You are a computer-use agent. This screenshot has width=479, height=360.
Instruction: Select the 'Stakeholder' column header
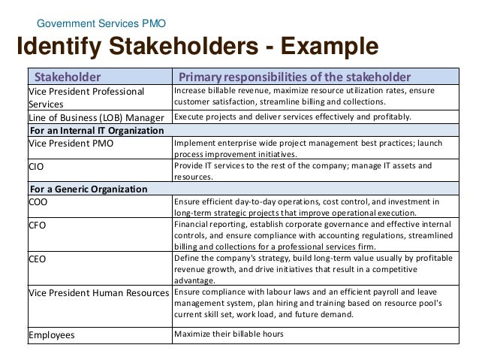pyautogui.click(x=64, y=77)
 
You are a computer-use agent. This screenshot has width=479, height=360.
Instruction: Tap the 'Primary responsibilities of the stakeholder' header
pyautogui.click(x=294, y=77)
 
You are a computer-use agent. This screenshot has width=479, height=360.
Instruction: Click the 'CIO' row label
pyautogui.click(x=37, y=165)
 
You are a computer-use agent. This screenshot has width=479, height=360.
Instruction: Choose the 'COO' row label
pyautogui.click(x=38, y=201)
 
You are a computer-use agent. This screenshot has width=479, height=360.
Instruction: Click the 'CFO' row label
pyautogui.click(x=38, y=224)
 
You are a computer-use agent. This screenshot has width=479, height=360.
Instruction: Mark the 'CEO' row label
pyautogui.click(x=38, y=258)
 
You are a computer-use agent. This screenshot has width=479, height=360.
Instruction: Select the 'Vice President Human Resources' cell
pyautogui.click(x=98, y=292)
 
